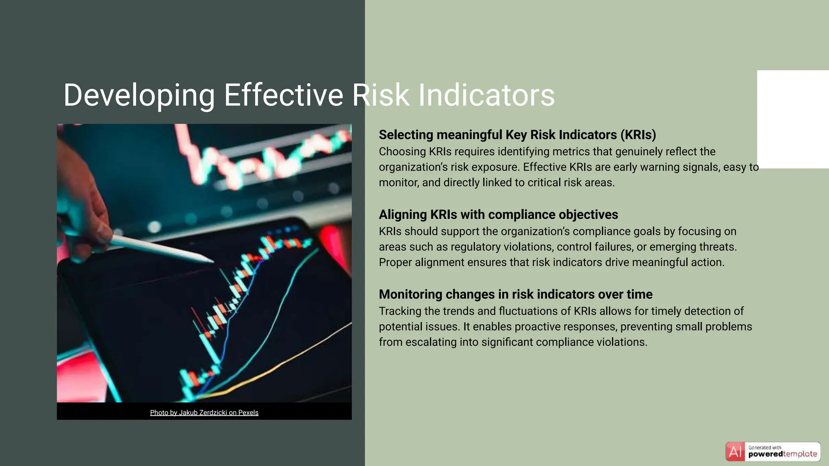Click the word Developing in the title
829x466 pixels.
139,95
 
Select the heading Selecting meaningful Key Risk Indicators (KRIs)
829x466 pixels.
517,135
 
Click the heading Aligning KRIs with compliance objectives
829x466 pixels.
498,214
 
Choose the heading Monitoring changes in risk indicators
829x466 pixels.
515,294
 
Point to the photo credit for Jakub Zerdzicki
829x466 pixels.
204,413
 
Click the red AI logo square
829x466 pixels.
735,452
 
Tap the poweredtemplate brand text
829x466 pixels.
782,454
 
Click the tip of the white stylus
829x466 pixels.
210,261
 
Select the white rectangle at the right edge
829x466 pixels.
793,119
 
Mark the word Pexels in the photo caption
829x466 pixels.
248,413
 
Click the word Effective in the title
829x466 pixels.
283,95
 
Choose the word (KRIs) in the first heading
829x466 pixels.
638,135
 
